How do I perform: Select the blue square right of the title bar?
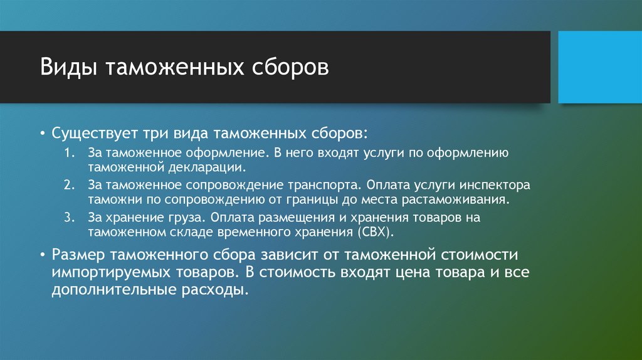point(599,66)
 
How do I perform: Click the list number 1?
point(69,153)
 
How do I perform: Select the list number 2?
point(69,186)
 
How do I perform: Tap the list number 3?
point(69,217)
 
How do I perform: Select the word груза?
point(187,217)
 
